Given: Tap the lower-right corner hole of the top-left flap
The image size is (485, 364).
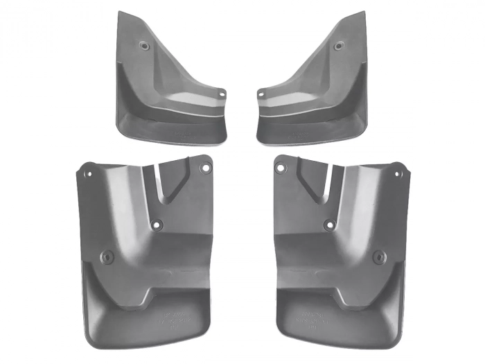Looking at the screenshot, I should [x=221, y=94].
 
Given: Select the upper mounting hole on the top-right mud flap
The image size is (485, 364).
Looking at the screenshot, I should [x=339, y=46].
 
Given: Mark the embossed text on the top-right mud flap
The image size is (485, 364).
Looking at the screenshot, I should [x=298, y=130].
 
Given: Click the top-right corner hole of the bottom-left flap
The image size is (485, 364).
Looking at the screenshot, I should [x=204, y=168].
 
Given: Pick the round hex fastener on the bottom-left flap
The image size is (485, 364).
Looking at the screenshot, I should [x=106, y=257].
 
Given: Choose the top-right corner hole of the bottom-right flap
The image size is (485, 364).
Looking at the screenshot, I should [x=397, y=168].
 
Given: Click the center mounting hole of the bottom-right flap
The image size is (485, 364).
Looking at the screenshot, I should [x=328, y=225].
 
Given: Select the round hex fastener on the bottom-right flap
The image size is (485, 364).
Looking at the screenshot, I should [x=378, y=257].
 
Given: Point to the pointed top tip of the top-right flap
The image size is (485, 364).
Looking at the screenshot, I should [x=363, y=12].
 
